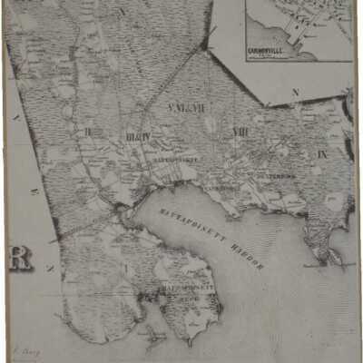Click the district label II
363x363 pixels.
pos(87,132)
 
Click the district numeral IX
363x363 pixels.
pos(322,155)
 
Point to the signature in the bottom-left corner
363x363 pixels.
pos(21,347)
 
